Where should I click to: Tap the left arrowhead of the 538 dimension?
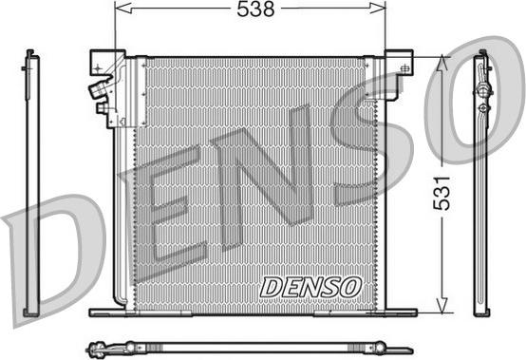pyautogui.click(x=119, y=9)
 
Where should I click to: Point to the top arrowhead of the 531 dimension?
pyautogui.click(x=441, y=60)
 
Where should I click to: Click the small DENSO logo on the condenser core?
pyautogui.click(x=310, y=285)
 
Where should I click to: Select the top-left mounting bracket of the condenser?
pyautogui.click(x=101, y=62)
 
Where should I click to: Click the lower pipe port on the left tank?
pyautogui.click(x=101, y=106)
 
